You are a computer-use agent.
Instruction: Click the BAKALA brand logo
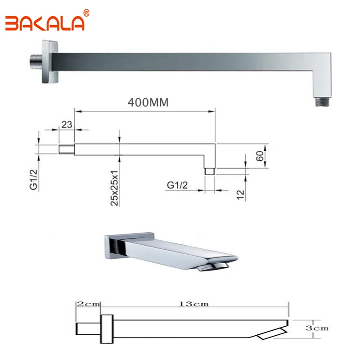pos(45,23)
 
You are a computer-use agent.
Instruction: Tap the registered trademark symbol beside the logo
pos(86,13)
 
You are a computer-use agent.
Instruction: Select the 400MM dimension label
pos(148,103)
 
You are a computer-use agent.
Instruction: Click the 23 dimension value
pos(67,125)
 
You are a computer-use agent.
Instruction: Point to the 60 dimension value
pos(260,156)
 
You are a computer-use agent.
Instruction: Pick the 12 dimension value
pos(241,195)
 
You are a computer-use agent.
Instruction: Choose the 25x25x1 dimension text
pos(114,188)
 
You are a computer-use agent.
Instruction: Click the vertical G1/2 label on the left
pos(33,180)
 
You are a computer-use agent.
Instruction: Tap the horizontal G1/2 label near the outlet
pos(177,185)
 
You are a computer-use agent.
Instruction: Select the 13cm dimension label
pos(194,304)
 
